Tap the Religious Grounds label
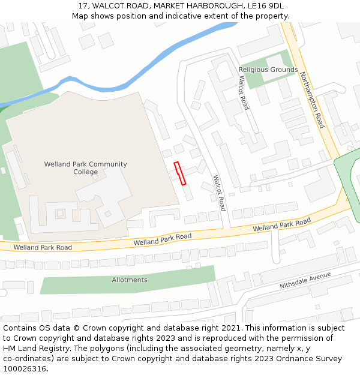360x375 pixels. coord(268,70)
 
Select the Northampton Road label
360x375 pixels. coord(312,100)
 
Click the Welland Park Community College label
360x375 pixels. coord(85,168)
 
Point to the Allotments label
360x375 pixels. coord(130,280)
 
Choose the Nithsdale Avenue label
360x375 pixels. coord(305,280)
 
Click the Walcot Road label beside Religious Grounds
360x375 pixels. coord(244,92)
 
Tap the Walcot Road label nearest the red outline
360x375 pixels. coord(219,193)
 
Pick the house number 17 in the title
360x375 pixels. coord(83,5)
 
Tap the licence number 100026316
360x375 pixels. coord(25,369)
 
